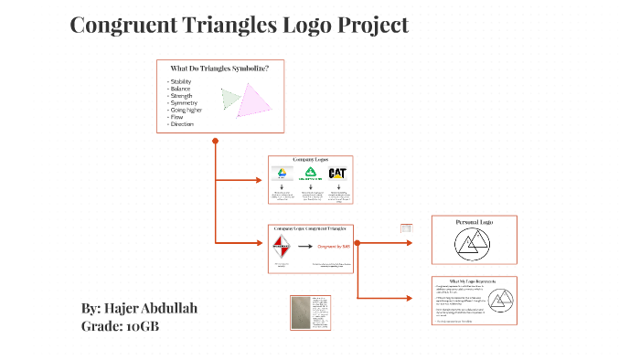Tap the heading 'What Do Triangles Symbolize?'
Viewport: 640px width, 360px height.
coord(219,68)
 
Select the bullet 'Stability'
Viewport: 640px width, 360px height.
coord(181,81)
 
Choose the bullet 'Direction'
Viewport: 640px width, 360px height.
coord(182,123)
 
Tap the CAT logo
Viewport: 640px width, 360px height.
coord(337,174)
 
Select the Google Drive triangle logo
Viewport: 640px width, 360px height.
coord(283,174)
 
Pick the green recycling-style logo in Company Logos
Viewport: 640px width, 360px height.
coord(310,174)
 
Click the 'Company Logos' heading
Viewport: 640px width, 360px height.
coord(309,160)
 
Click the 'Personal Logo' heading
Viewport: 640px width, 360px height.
coord(474,222)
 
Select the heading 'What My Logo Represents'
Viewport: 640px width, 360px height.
coord(473,281)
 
